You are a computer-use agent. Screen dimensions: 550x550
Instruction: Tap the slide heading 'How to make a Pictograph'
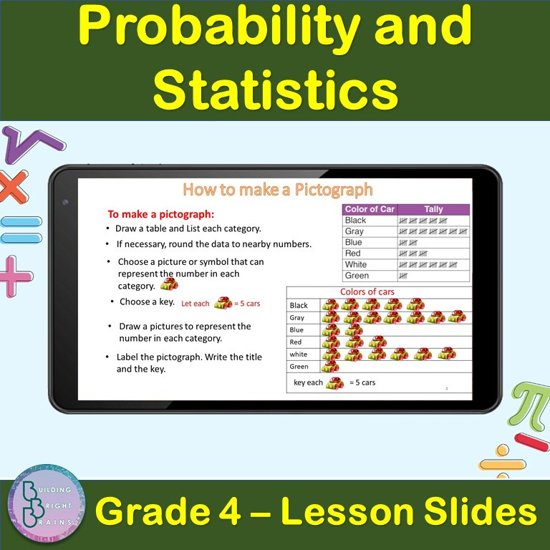coord(277,190)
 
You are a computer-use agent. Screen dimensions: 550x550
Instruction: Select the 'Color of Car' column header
coord(370,209)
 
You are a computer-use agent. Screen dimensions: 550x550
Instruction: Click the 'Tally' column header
coord(433,209)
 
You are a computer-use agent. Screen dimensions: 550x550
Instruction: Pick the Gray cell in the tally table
coord(355,231)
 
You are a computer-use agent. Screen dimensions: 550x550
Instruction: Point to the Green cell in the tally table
coord(357,276)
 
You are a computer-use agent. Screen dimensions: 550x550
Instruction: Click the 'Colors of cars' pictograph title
coord(367,291)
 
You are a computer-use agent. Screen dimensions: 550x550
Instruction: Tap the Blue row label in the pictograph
coord(296,330)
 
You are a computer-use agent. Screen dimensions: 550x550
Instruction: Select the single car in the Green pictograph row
coord(330,366)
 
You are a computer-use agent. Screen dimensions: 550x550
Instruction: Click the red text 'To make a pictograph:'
coord(161,213)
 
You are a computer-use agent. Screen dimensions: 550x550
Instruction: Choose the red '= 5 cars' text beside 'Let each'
coord(247,304)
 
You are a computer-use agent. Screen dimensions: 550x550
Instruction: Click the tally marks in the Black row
coord(423,221)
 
